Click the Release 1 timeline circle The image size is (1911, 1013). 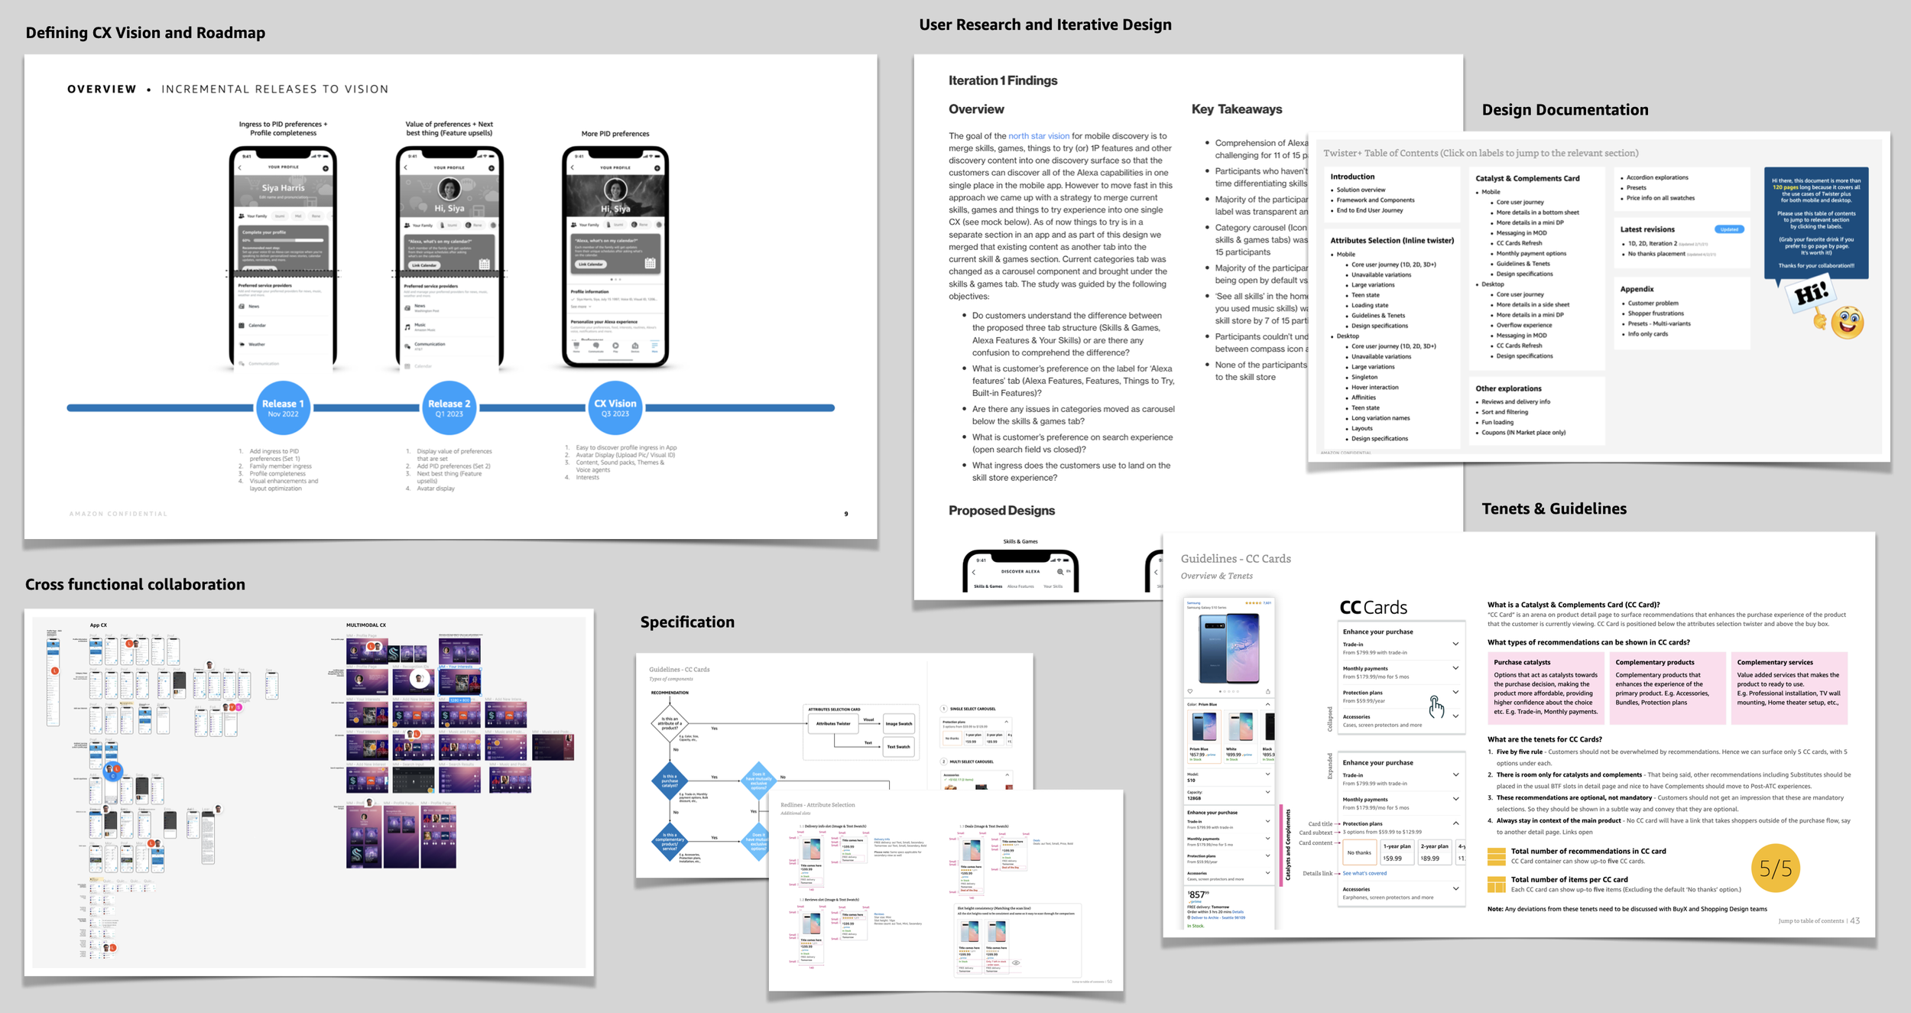(283, 407)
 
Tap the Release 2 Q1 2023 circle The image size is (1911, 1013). (449, 407)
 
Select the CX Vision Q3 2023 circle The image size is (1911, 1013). (615, 407)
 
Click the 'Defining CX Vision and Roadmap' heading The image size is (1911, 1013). (145, 33)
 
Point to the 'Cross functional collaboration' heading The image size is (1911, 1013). (135, 585)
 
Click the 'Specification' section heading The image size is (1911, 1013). (687, 622)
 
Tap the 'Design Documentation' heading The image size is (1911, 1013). (1565, 110)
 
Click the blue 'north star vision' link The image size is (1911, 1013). (1038, 136)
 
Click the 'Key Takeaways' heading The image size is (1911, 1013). (1237, 109)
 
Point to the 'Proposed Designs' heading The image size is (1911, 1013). (1001, 511)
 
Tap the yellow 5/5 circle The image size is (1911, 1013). (1775, 869)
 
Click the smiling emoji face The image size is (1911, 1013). (1848, 322)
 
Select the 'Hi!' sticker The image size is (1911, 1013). (1810, 294)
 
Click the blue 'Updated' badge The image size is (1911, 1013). (1729, 229)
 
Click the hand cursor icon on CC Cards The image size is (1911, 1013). (1436, 707)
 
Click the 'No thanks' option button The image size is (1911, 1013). (1358, 852)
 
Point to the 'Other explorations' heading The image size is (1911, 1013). (1508, 388)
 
